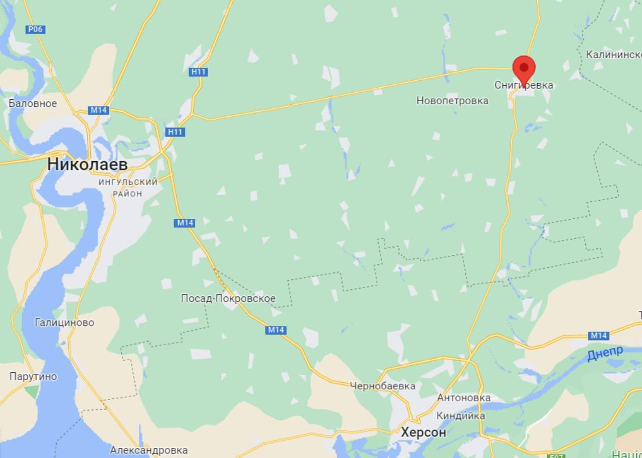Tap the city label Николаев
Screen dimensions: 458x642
[x=88, y=164]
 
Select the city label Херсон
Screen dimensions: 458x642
[x=423, y=432]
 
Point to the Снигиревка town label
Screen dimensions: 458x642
[x=524, y=85]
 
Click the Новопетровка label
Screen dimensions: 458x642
[x=452, y=101]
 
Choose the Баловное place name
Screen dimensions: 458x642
[x=33, y=103]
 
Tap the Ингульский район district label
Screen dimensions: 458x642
[x=128, y=188]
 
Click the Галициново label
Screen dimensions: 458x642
[x=64, y=323]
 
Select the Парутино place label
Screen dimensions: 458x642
[x=33, y=376]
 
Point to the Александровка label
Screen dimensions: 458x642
[x=148, y=450]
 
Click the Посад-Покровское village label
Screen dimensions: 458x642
[x=228, y=298]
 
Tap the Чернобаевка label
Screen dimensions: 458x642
[x=383, y=386]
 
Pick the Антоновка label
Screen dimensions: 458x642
[x=464, y=398]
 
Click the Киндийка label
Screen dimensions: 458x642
[x=460, y=416]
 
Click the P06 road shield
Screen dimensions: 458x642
[x=36, y=30]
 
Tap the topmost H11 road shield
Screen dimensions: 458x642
[x=199, y=72]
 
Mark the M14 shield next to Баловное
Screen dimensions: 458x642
[x=99, y=110]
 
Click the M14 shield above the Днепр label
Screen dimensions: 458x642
[x=599, y=336]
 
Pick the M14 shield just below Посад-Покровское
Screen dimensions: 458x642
[x=276, y=330]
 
